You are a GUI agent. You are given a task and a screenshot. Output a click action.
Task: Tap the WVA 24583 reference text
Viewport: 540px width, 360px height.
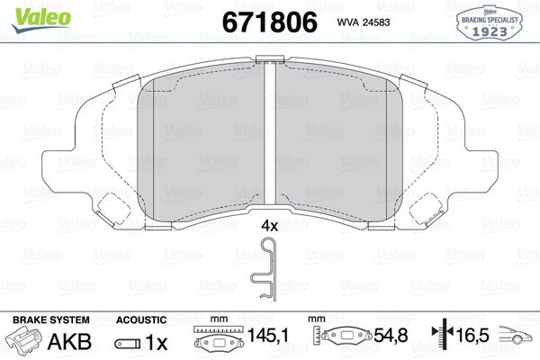[363, 22]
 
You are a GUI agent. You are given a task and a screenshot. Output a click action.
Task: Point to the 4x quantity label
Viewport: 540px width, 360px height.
[269, 226]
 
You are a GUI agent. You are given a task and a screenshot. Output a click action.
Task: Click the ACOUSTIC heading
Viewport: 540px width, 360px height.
[141, 319]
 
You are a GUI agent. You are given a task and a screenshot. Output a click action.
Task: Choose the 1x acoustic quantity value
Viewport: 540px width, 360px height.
[157, 343]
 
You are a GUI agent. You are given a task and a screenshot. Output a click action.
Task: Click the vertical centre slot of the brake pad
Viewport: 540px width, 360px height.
[270, 135]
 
